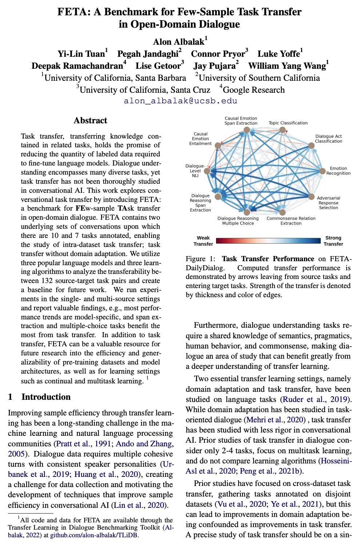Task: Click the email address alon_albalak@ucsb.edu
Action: (x=180, y=101)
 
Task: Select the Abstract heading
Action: (x=90, y=120)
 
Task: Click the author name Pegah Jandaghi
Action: (x=148, y=54)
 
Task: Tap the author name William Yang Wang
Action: (x=287, y=66)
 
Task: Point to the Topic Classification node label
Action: (x=288, y=123)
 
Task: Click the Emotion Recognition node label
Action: (x=338, y=171)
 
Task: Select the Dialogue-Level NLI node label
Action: (x=195, y=171)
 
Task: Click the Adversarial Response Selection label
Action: (x=328, y=203)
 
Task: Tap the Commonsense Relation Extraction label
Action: (x=291, y=221)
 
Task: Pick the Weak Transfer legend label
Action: (x=203, y=241)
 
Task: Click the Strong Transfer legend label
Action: (x=333, y=241)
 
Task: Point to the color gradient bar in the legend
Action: (x=268, y=241)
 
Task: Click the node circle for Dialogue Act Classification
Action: (x=311, y=146)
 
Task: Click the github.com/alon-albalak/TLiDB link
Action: (x=94, y=535)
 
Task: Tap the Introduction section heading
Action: (x=46, y=397)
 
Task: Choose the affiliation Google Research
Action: (x=253, y=89)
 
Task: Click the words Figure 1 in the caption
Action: (x=200, y=259)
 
